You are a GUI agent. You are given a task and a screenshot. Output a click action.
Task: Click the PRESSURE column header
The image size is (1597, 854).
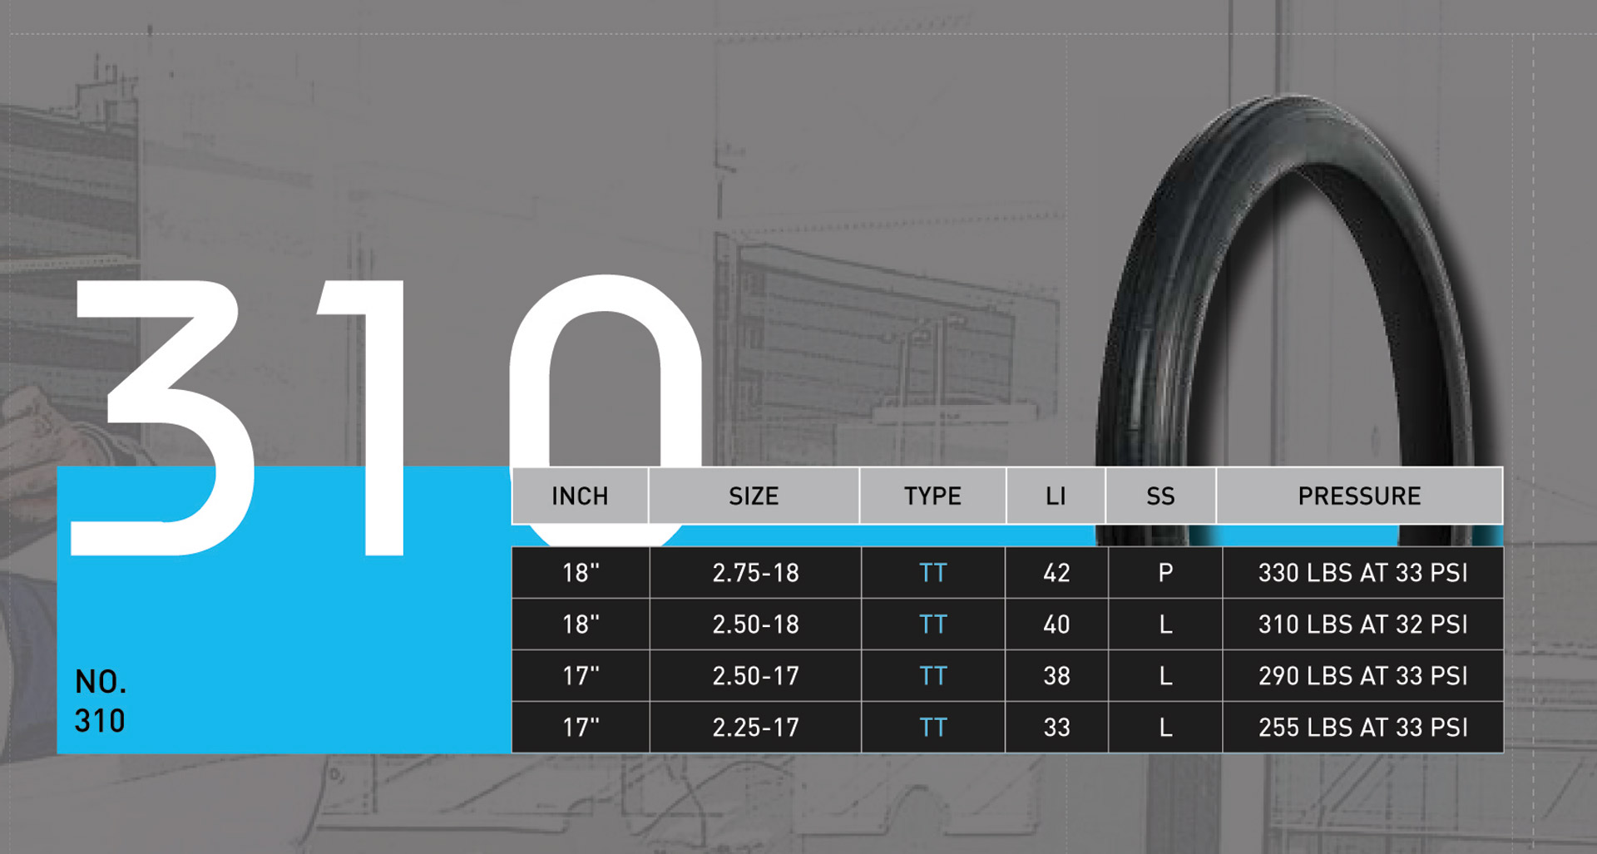click(x=1359, y=496)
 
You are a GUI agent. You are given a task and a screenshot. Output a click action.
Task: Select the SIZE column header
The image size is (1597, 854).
click(x=754, y=496)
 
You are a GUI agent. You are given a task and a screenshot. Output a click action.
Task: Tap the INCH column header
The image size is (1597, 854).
click(x=580, y=496)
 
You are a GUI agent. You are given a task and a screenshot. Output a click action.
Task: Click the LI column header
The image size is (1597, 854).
click(x=1056, y=496)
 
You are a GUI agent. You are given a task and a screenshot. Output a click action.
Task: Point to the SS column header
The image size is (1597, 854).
click(x=1160, y=496)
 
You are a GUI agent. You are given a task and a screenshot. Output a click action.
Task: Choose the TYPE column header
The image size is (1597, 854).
click(x=932, y=496)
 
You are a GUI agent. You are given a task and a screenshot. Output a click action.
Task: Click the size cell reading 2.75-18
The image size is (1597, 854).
click(x=755, y=573)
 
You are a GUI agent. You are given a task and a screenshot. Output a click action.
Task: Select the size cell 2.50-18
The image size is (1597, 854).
click(x=755, y=624)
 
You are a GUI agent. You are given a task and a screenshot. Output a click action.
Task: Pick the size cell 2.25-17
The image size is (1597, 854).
click(x=755, y=728)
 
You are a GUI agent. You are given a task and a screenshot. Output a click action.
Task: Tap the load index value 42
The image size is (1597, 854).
click(x=1056, y=573)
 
